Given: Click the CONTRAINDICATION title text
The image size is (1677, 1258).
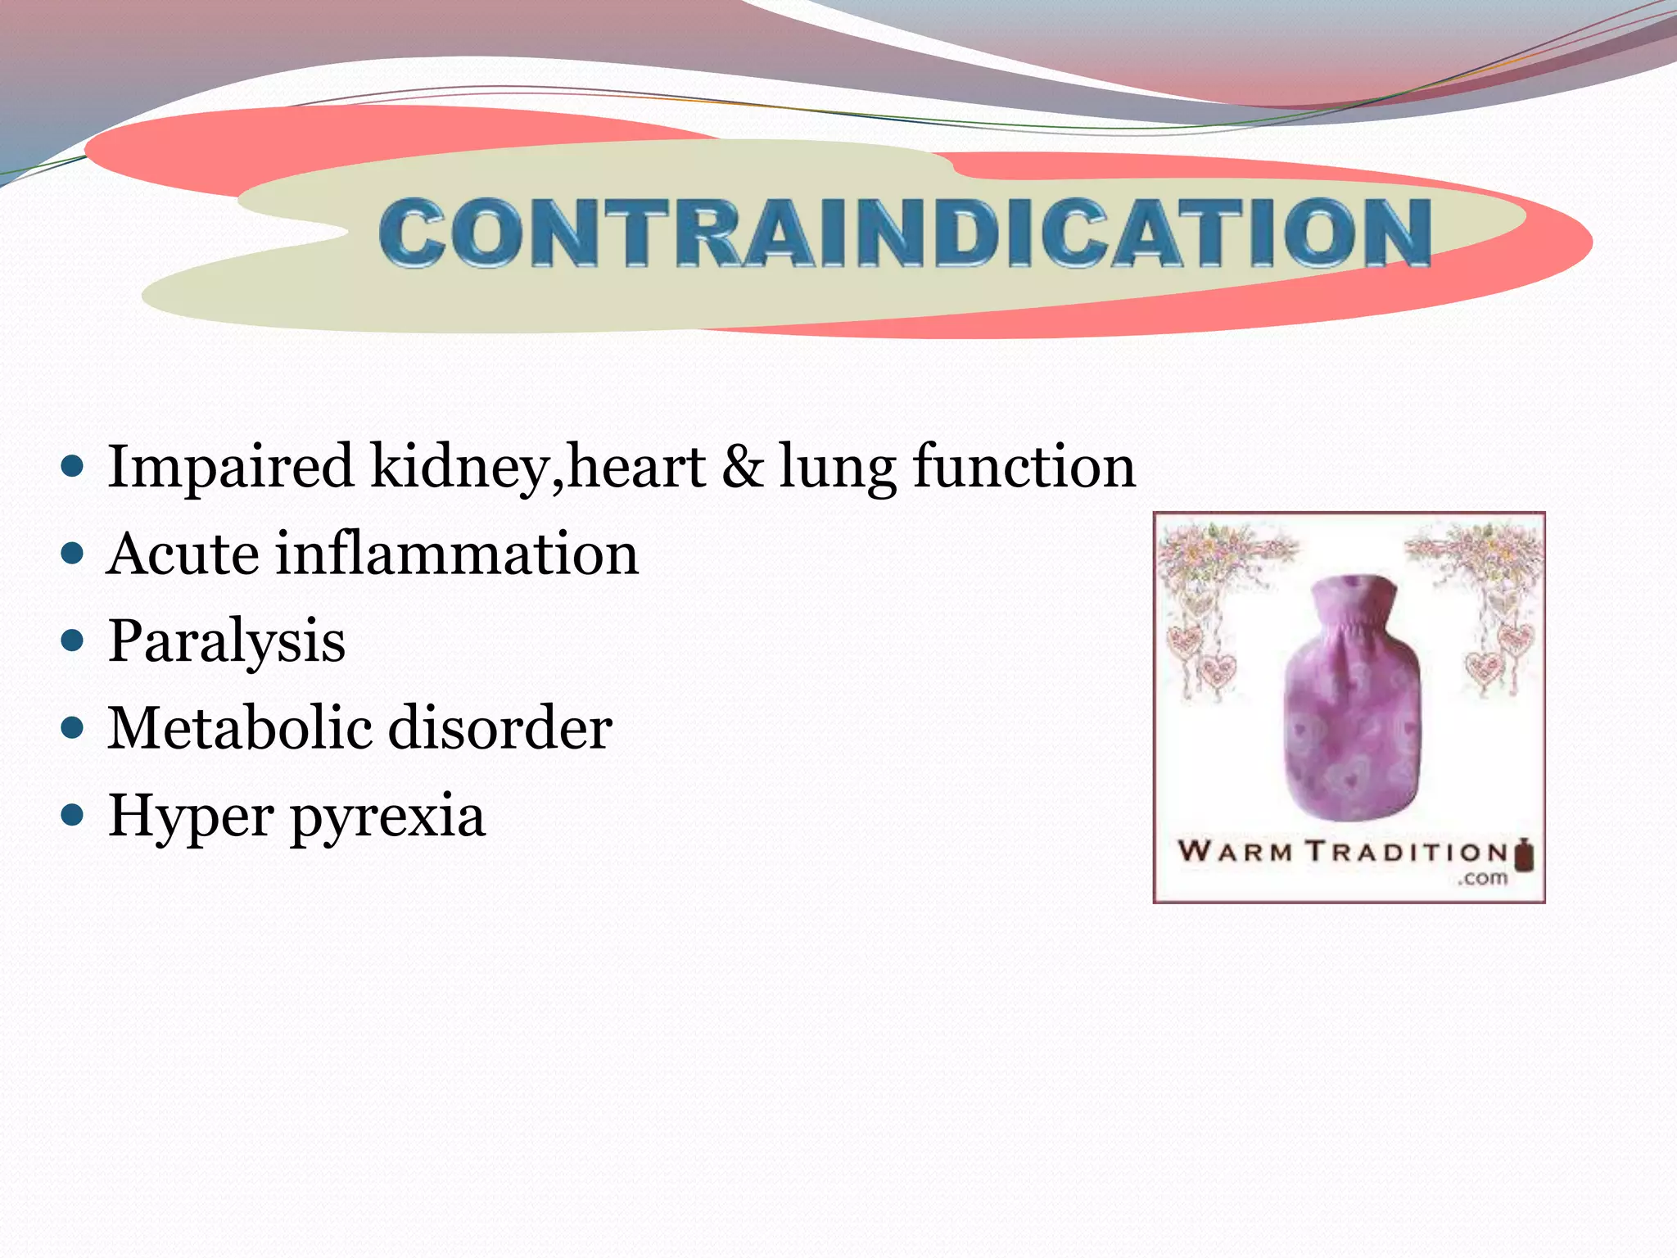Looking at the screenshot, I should (x=905, y=233).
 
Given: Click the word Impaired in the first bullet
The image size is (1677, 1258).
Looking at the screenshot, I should (x=230, y=467).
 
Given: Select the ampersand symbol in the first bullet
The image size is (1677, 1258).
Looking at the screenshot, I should (x=742, y=467).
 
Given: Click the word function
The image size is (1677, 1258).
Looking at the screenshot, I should (x=1024, y=467).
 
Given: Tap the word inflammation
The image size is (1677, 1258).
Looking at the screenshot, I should (x=457, y=554).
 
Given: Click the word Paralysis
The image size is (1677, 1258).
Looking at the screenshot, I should (x=227, y=641).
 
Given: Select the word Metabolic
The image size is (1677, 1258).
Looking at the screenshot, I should (x=238, y=728).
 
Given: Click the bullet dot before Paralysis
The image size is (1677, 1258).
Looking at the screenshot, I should (x=74, y=640).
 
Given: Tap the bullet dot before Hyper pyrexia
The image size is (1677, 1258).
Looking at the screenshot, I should (x=74, y=815).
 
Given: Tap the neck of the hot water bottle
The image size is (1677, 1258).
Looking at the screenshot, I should (x=1353, y=602).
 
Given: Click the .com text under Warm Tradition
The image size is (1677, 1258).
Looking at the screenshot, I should (x=1483, y=879).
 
